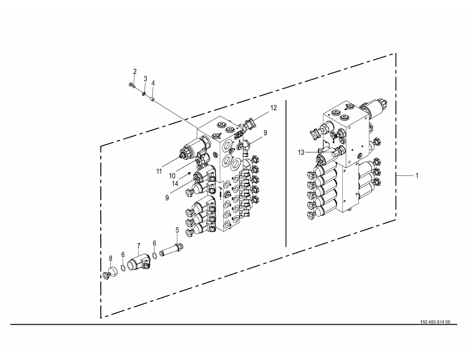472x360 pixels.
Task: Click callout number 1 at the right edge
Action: (x=417, y=175)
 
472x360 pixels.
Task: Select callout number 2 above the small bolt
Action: (x=135, y=72)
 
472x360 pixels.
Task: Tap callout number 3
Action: (x=146, y=79)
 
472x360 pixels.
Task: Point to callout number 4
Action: (x=153, y=83)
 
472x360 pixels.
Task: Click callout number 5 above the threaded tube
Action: (x=177, y=230)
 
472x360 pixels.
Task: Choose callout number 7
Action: (x=139, y=246)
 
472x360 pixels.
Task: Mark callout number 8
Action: (x=110, y=258)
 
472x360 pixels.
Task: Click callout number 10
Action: (x=172, y=176)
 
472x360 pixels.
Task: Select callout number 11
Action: (x=159, y=171)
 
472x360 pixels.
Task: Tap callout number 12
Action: (x=273, y=108)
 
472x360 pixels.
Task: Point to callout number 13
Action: (x=301, y=152)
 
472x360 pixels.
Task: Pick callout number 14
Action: (x=175, y=183)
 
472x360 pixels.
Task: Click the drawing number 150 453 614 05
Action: (x=435, y=322)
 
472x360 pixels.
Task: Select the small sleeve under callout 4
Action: (x=153, y=98)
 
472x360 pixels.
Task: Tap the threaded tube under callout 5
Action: (x=171, y=249)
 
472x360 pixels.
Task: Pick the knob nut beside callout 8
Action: (x=105, y=275)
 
